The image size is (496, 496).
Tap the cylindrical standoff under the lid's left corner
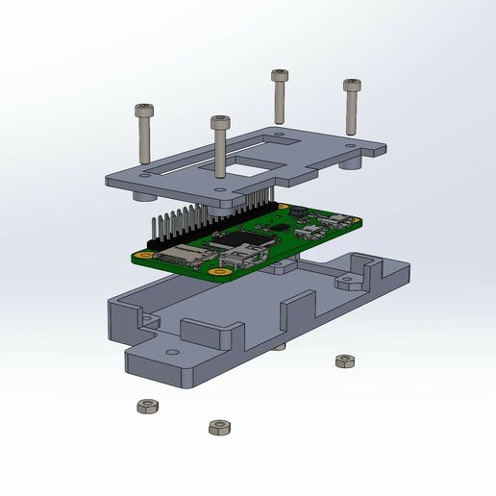(x=144, y=195)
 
